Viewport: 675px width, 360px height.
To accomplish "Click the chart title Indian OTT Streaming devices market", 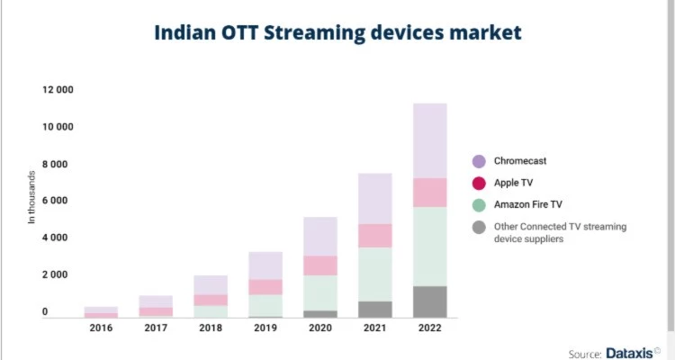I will click(x=337, y=33).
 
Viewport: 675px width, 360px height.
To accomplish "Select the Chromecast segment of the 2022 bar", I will click(x=429, y=140).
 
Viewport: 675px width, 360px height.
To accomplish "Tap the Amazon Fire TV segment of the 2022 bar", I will click(x=429, y=246).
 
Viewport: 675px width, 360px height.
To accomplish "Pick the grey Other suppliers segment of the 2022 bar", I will click(x=429, y=301).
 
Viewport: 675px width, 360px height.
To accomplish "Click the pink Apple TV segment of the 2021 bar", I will click(x=374, y=235).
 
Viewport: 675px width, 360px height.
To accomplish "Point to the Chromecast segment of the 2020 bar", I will click(x=319, y=236).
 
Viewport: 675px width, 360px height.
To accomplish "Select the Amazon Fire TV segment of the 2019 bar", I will click(x=265, y=305).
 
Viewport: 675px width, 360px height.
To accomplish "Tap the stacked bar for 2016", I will click(x=101, y=311).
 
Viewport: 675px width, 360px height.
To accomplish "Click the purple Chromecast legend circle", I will click(x=479, y=161).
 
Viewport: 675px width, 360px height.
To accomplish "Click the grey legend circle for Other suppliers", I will click(x=479, y=228).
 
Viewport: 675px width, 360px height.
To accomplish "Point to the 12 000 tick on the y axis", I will click(x=57, y=90).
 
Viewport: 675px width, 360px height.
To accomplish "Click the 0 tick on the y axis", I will click(x=44, y=311).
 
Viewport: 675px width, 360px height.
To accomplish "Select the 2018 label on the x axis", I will click(x=211, y=328).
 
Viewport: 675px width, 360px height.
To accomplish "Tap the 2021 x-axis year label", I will click(x=374, y=328).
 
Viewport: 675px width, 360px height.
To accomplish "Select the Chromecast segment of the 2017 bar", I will click(x=156, y=301).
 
